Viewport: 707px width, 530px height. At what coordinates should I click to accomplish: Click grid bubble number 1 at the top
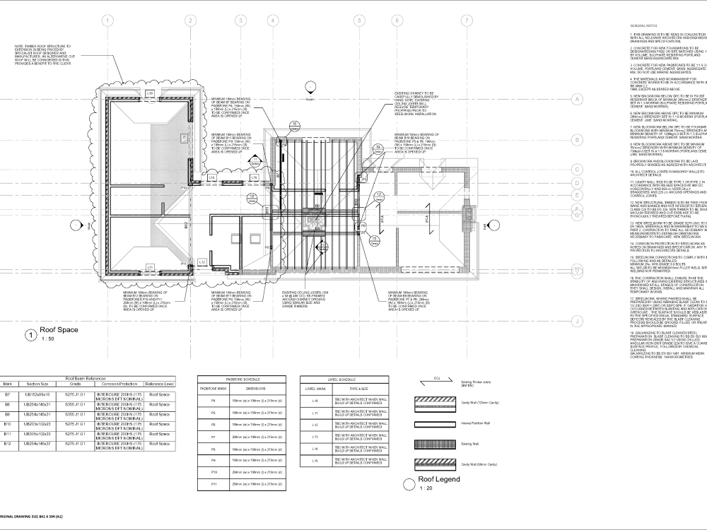(x=107, y=20)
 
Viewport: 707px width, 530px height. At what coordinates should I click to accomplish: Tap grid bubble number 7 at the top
(x=466, y=20)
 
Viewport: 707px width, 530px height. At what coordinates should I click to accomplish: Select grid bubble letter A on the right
(x=577, y=99)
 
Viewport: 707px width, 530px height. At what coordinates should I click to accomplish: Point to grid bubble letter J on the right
(x=577, y=322)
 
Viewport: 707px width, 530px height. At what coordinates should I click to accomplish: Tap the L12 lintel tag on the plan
(x=202, y=261)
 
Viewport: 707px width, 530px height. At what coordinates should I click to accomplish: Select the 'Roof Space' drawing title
(x=58, y=330)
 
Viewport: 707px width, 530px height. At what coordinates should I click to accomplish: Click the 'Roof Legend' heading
(x=440, y=479)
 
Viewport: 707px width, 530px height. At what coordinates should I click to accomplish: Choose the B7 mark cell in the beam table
(x=7, y=394)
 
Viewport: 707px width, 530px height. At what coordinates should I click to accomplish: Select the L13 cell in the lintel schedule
(x=315, y=437)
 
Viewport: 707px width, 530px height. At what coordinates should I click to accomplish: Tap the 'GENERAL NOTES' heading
(x=643, y=25)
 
